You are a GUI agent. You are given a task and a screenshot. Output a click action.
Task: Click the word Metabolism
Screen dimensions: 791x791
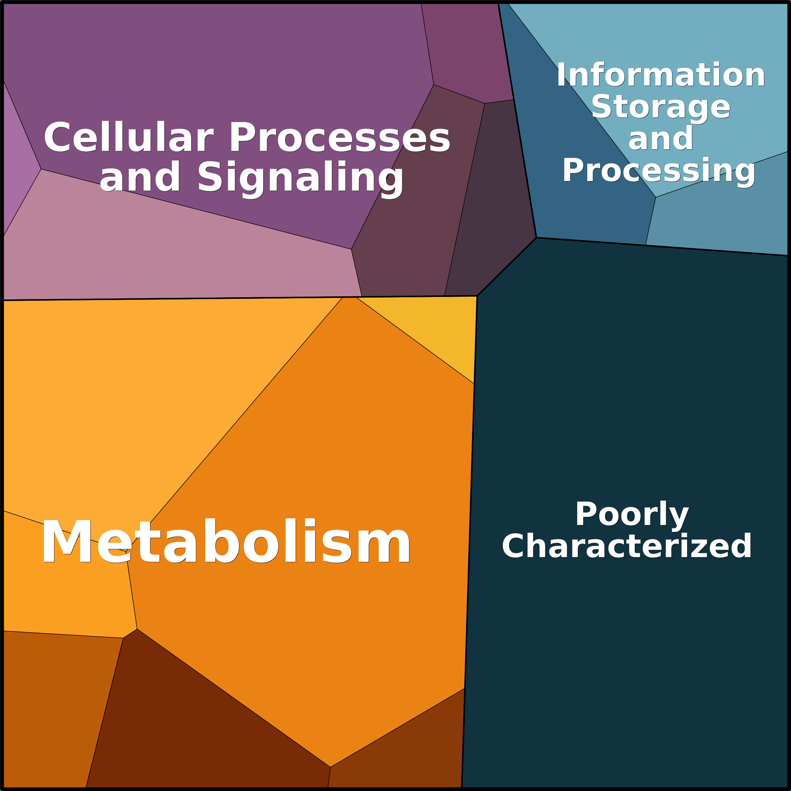coord(225,542)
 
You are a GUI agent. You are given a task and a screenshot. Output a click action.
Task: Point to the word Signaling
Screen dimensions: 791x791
coord(301,177)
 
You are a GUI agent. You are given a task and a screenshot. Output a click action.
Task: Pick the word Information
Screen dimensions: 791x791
coord(660,75)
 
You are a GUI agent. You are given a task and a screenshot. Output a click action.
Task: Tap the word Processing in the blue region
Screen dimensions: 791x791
coord(659,170)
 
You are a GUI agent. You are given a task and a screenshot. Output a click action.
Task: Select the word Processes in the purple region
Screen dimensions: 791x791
coord(339,138)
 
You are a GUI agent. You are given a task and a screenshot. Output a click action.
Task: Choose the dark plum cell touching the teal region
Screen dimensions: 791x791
coord(491,213)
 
